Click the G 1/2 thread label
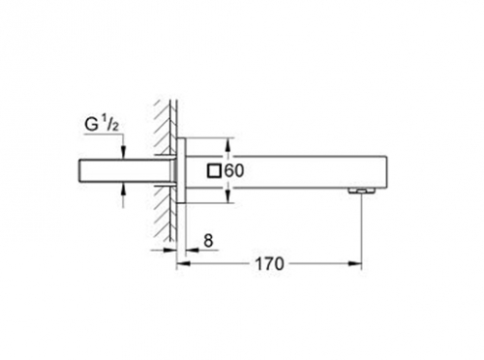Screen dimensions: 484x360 [102, 125]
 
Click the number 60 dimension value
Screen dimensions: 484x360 [234, 170]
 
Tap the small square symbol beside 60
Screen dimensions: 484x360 [214, 170]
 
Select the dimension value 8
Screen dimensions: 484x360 [209, 241]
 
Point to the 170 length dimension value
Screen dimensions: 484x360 [270, 264]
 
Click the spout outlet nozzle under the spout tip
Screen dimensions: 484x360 [362, 192]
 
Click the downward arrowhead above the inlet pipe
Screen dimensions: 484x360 [123, 153]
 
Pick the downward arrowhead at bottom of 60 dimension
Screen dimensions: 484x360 [227, 196]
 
